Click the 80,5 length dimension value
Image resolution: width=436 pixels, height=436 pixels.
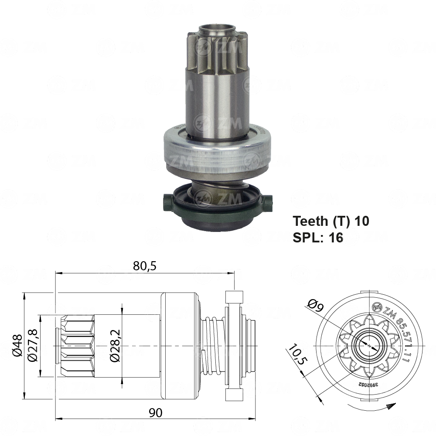[x=144, y=266]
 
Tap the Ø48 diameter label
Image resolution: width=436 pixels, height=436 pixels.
[x=16, y=346]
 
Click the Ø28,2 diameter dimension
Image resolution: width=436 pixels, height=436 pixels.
[x=115, y=346]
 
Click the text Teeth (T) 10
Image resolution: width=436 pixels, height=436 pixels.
[x=331, y=221]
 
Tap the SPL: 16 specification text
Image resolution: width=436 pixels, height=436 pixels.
[x=318, y=237]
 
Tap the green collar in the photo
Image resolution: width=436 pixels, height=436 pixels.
[x=217, y=203]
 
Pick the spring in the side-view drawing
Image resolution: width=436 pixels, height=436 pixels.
[x=214, y=346]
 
